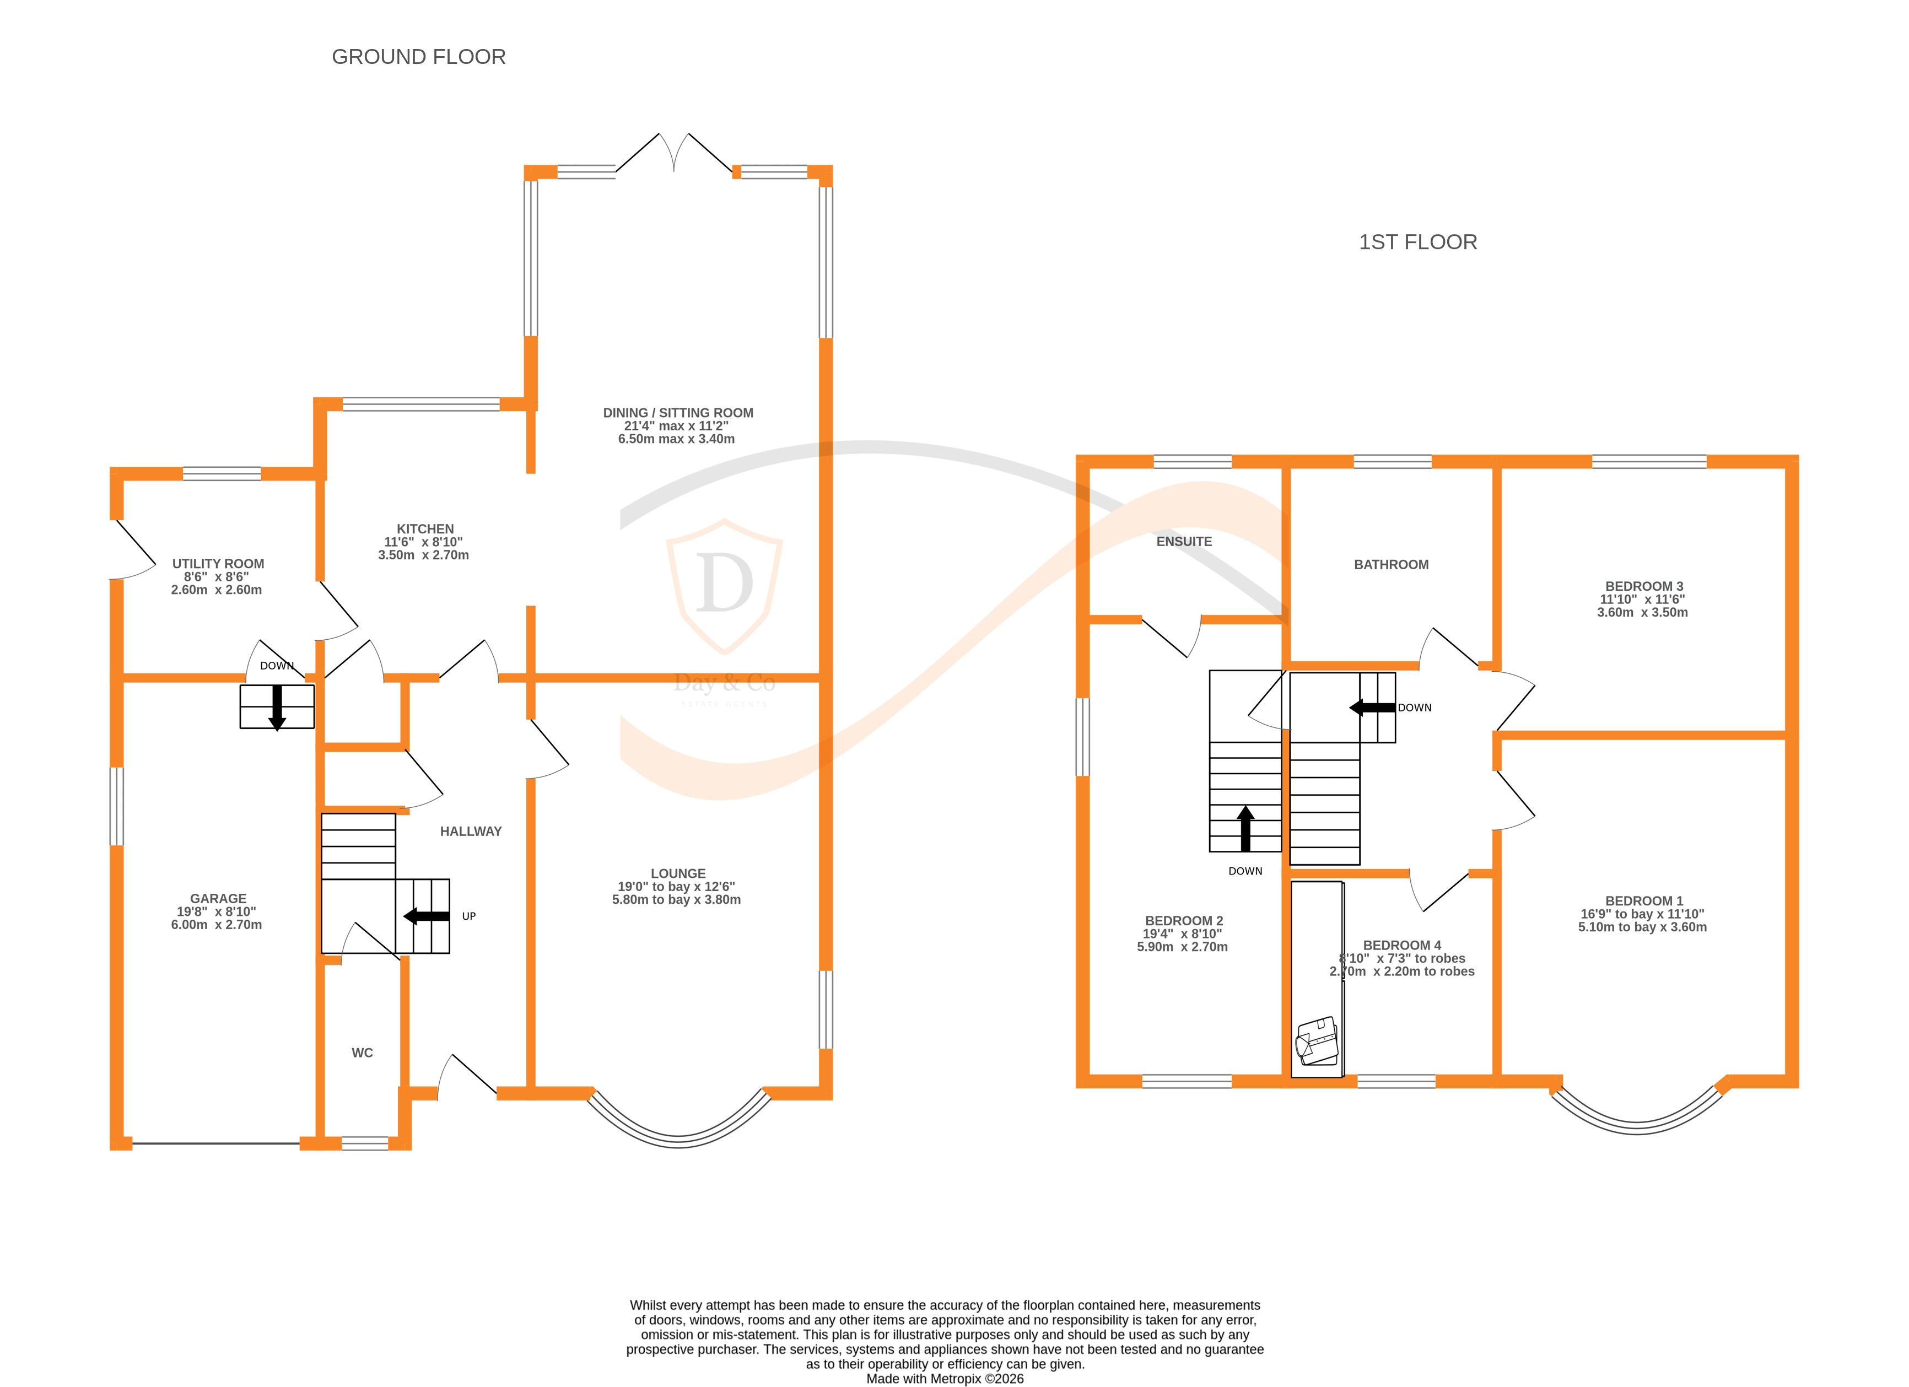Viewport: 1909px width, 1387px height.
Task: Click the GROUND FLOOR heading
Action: pos(418,56)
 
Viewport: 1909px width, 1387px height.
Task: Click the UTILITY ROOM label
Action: pos(218,564)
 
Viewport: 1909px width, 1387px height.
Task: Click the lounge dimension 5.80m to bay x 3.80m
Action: pos(676,900)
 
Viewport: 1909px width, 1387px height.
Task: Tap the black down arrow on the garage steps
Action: pos(277,707)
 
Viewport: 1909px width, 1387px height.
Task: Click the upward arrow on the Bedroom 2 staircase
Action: pos(1245,828)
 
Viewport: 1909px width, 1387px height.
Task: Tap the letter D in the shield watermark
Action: pos(724,582)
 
